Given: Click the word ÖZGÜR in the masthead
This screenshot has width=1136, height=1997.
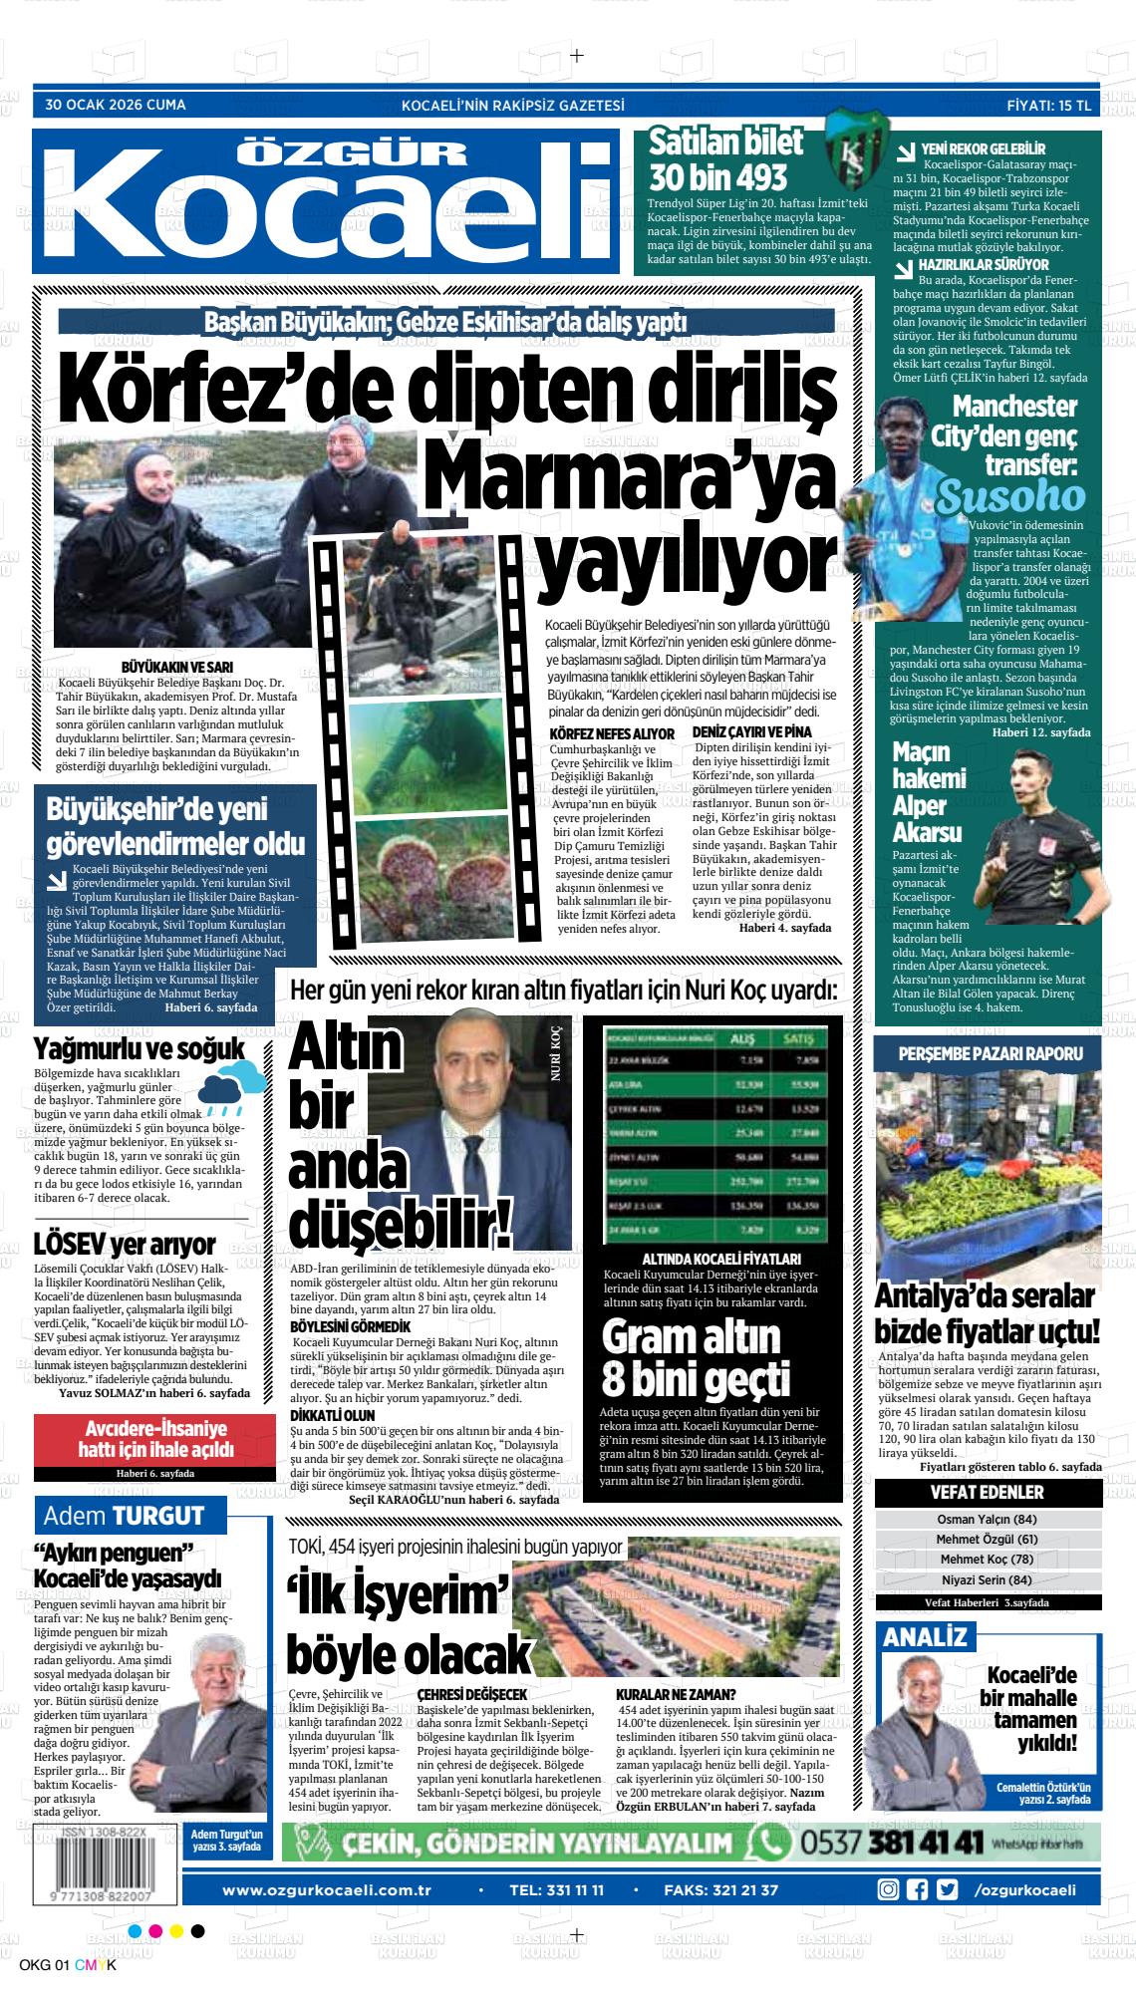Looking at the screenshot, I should click(x=355, y=153).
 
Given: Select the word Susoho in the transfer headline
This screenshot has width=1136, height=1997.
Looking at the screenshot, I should click(x=1010, y=496).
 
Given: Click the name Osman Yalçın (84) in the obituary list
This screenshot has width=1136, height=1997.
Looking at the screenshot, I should click(x=988, y=1520).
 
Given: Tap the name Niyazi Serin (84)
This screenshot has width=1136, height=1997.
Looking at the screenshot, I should click(x=987, y=1579).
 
